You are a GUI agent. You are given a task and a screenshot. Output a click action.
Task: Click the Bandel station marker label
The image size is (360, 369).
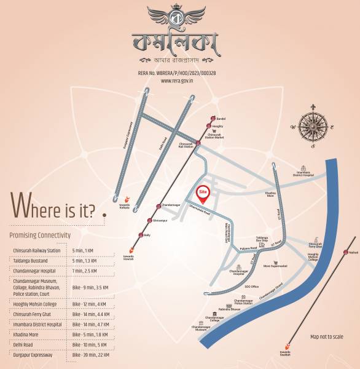click(x=222, y=117)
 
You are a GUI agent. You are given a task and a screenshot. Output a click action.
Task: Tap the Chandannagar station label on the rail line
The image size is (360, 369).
click(x=171, y=206)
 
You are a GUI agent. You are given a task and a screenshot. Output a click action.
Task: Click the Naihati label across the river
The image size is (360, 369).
click(x=353, y=252)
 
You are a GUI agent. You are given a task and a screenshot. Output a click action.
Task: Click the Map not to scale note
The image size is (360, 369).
click(x=327, y=337)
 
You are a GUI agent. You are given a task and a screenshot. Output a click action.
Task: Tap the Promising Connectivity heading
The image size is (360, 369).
click(x=40, y=236)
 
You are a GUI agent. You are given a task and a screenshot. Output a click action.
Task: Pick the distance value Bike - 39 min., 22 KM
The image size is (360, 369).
click(x=90, y=355)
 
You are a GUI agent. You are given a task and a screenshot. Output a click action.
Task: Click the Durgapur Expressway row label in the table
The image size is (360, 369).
click(x=33, y=355)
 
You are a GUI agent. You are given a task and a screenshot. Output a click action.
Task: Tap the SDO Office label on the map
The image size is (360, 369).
click(x=251, y=287)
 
